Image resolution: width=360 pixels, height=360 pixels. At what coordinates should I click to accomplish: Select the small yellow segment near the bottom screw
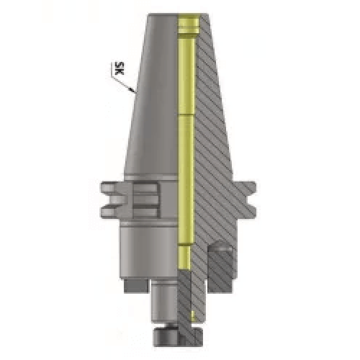point(193,314)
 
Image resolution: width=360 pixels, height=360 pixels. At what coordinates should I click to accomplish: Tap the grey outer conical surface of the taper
point(155,108)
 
